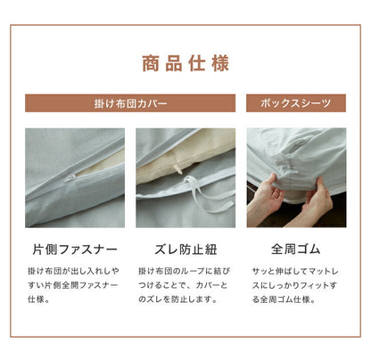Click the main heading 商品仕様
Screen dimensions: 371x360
[185, 63]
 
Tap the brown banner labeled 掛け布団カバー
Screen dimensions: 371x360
[130, 103]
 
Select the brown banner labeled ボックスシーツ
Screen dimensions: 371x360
[296, 103]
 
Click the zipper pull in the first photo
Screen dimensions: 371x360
[70, 178]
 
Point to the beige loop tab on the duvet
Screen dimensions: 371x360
[178, 169]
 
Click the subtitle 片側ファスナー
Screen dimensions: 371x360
[75, 250]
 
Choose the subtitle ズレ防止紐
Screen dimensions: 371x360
[185, 250]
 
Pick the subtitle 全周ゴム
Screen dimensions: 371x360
[296, 250]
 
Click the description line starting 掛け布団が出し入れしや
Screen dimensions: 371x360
[73, 271]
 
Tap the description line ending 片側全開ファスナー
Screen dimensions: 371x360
[73, 285]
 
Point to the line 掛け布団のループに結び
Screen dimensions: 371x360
[185, 271]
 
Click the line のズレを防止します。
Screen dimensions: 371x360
[178, 299]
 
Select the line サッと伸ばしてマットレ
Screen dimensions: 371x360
[295, 271]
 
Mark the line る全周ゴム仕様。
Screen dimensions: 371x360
[284, 299]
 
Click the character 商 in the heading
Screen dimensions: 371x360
[151, 63]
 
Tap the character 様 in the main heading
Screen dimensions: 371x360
[220, 63]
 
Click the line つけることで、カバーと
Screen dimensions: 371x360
[183, 285]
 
